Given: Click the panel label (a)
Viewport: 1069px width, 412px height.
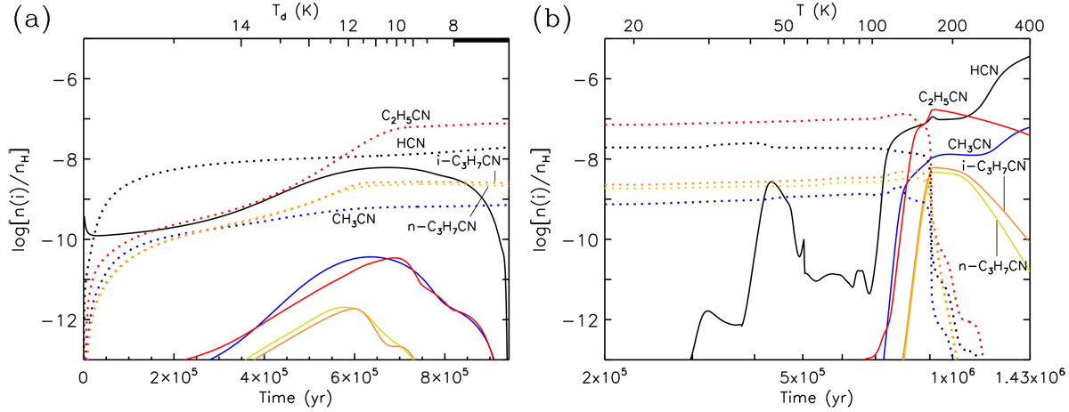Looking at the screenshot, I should [28, 20].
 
